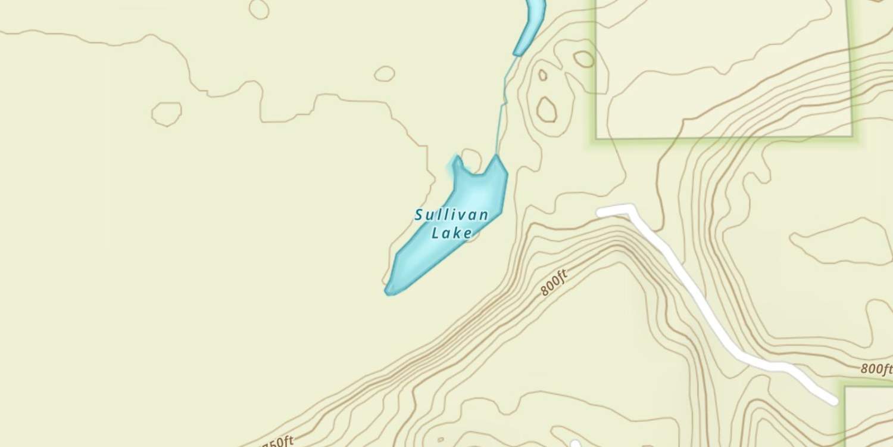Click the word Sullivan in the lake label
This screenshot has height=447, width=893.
[452, 215]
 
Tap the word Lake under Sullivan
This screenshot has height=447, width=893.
[452, 232]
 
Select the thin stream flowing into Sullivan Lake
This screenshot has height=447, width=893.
[502, 107]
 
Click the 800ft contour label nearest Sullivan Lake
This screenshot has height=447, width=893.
[554, 283]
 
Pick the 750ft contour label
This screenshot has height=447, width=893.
[277, 442]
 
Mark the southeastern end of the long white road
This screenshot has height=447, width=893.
[833, 401]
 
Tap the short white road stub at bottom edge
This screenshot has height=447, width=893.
[575, 444]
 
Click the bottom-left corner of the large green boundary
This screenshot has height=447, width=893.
[597, 138]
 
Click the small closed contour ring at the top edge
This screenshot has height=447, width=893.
[259, 8]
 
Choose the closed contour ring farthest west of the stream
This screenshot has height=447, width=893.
[167, 113]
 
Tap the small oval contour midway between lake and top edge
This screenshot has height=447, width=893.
[385, 73]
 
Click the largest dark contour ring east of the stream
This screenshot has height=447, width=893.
[547, 110]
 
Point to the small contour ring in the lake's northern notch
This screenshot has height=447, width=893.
[472, 159]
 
